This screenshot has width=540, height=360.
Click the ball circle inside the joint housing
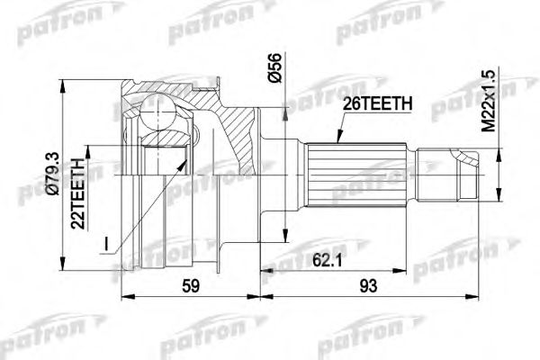tap(161, 115)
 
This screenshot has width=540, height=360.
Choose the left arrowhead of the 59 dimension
tap(124, 296)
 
